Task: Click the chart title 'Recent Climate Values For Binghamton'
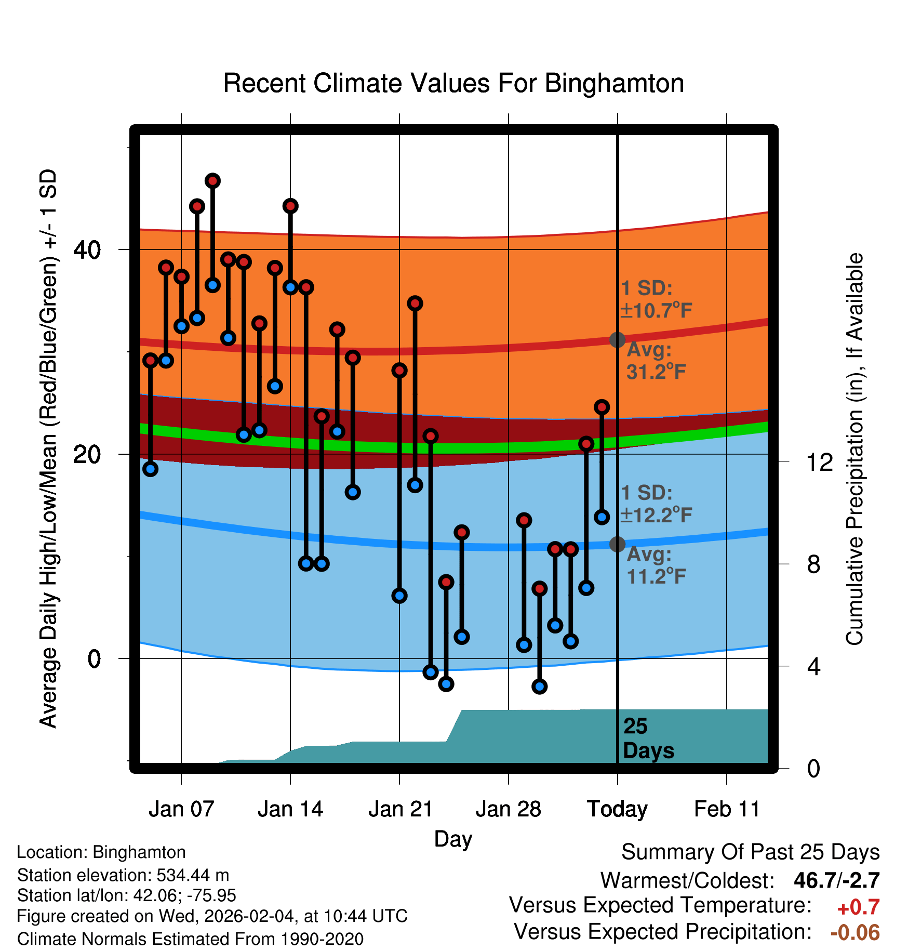pyautogui.click(x=453, y=83)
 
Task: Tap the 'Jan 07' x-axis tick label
pyautogui.click(x=181, y=809)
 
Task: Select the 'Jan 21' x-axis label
pyautogui.click(x=400, y=809)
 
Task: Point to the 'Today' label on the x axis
pyautogui.click(x=617, y=809)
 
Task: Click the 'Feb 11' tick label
pyautogui.click(x=727, y=809)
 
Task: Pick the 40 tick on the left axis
pyautogui.click(x=87, y=250)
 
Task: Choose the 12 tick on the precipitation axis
pyautogui.click(x=820, y=462)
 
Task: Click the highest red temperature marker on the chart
pyautogui.click(x=212, y=181)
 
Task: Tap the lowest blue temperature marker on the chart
pyautogui.click(x=540, y=687)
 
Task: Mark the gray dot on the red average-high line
pyautogui.click(x=617, y=340)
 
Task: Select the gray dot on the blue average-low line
pyautogui.click(x=617, y=544)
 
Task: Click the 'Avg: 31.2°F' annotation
pyautogui.click(x=656, y=361)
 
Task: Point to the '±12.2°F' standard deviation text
pyautogui.click(x=656, y=516)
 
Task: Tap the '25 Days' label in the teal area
pyautogui.click(x=648, y=738)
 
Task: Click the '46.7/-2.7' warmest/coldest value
pyautogui.click(x=836, y=880)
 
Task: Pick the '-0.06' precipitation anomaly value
pyautogui.click(x=855, y=932)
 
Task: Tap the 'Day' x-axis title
pyautogui.click(x=453, y=839)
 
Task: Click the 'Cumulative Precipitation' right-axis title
pyautogui.click(x=854, y=449)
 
